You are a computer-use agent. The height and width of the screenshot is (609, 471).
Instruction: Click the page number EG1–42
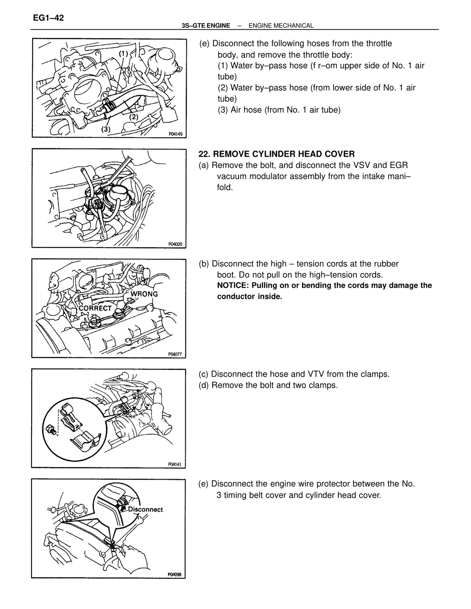click(48, 18)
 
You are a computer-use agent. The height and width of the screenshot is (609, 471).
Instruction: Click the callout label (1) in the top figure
click(123, 53)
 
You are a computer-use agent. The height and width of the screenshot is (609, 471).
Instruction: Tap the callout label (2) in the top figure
click(134, 117)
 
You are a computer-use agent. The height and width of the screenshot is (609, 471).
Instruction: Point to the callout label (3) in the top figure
click(106, 129)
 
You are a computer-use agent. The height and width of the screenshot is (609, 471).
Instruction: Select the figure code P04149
click(175, 134)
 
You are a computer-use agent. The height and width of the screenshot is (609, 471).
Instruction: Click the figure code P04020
click(175, 244)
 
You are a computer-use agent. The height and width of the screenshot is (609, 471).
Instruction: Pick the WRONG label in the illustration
click(144, 294)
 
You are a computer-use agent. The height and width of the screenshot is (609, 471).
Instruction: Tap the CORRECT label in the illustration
click(95, 308)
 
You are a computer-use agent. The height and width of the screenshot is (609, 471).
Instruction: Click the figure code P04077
click(175, 354)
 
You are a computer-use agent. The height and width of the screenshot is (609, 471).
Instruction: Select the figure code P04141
click(175, 464)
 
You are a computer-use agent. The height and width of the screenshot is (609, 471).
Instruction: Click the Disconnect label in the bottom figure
click(145, 509)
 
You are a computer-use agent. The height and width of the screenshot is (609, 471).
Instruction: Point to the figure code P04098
click(174, 574)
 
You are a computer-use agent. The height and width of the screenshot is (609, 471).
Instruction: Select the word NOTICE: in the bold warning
click(233, 285)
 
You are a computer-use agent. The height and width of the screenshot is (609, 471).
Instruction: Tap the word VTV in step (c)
click(316, 374)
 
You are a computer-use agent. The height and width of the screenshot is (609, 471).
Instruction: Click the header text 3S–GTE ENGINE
click(206, 26)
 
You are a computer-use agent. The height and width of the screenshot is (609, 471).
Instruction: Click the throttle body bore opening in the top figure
click(88, 93)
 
